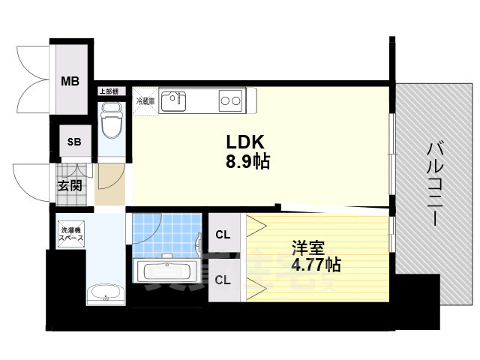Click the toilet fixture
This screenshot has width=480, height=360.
point(111,121)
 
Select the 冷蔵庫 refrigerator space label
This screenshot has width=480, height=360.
point(145,100)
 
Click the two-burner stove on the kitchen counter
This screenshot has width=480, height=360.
point(230,99)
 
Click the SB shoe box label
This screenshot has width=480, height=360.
point(75,142)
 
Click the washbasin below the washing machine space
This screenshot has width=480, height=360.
point(103,293)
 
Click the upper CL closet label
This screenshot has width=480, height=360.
point(223,235)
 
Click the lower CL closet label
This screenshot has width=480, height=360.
point(223,280)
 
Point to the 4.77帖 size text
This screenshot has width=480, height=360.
point(315,264)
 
